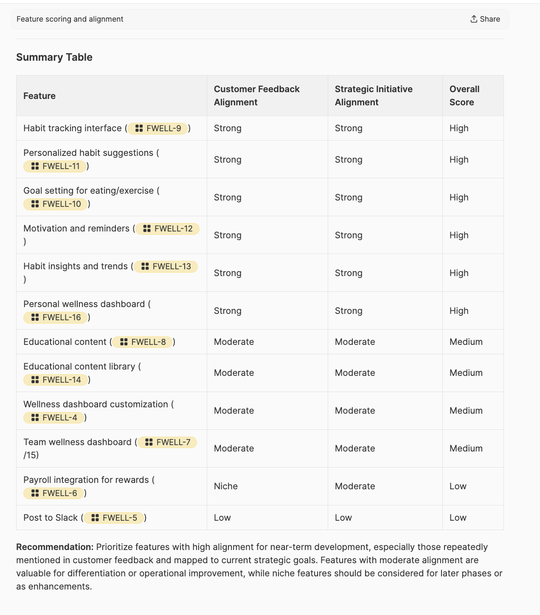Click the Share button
click(x=485, y=19)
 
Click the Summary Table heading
click(x=54, y=57)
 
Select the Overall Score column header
click(x=464, y=96)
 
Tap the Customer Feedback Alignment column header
click(x=256, y=96)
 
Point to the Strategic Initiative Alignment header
click(x=374, y=96)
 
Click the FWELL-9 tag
click(x=158, y=128)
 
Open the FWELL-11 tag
click(x=55, y=166)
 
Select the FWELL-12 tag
click(x=168, y=229)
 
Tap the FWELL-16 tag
click(x=56, y=317)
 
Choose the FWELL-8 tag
click(x=143, y=342)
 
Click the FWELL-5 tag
click(x=114, y=518)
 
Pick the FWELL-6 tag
click(x=54, y=493)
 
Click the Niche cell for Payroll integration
click(x=226, y=486)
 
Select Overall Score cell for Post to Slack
click(x=458, y=518)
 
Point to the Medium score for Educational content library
click(x=466, y=373)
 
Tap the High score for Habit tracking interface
click(x=459, y=128)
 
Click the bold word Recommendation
click(x=54, y=547)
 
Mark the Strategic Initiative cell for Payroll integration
click(x=355, y=486)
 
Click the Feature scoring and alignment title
click(x=70, y=19)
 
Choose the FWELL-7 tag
click(x=167, y=442)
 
